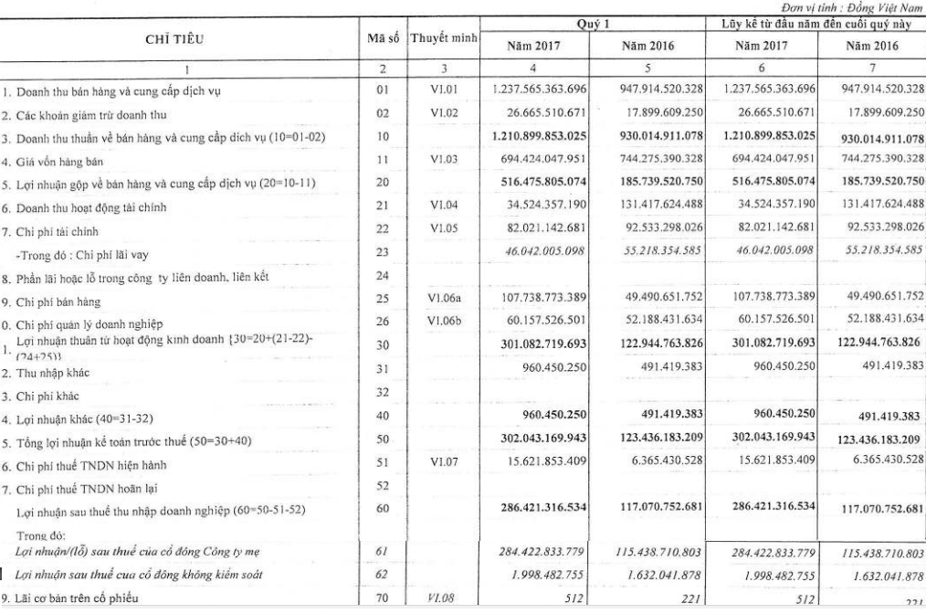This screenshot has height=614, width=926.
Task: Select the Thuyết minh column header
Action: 443,40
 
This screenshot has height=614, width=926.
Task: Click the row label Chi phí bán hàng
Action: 55,301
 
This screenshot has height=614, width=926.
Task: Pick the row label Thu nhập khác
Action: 50,372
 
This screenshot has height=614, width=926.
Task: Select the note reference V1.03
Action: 442,159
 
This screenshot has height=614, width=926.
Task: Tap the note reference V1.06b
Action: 442,320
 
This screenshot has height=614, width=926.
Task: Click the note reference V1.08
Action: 442,598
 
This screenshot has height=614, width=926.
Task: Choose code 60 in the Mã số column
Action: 382,506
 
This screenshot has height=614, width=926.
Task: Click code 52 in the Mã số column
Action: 382,488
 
